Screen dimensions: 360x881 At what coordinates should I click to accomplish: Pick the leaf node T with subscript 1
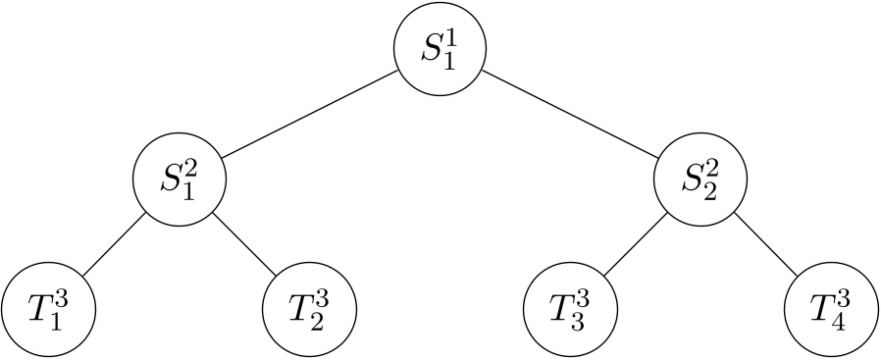[48, 311]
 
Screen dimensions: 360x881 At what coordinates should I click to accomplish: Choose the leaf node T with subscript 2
[309, 311]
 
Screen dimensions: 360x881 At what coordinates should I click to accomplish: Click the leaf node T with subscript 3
[571, 311]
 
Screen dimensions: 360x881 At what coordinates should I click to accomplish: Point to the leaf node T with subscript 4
[832, 311]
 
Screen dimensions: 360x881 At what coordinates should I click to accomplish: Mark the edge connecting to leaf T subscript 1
[114, 246]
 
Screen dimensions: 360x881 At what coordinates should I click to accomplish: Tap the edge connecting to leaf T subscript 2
[244, 246]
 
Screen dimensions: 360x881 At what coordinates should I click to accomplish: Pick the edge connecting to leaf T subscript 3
[636, 246]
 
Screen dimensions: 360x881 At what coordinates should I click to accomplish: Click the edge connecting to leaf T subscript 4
[766, 246]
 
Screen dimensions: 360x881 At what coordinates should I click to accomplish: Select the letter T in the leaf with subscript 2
[299, 311]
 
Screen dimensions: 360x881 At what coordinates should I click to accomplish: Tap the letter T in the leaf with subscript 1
[38, 311]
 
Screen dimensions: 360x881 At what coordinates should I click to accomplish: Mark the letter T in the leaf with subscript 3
[561, 311]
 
